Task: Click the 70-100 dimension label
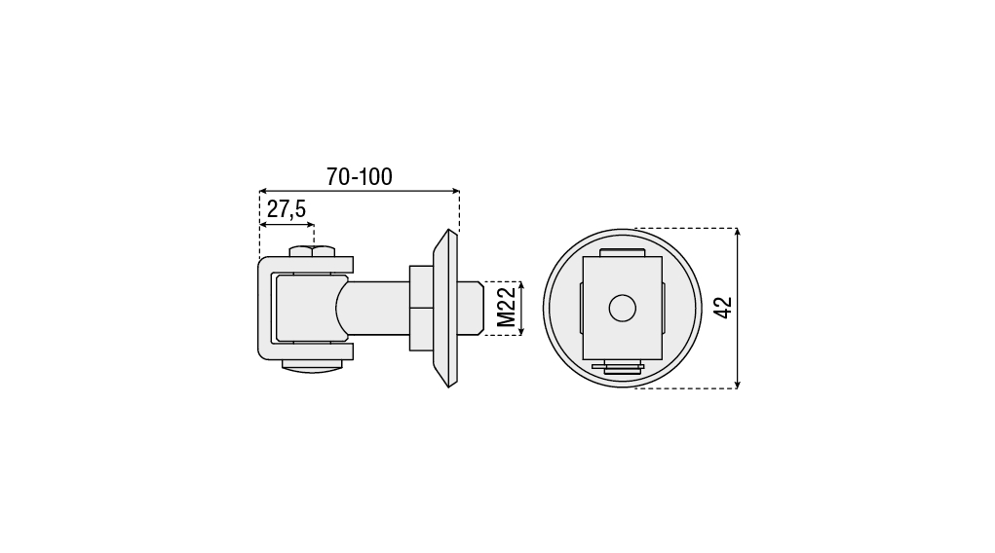click(x=360, y=176)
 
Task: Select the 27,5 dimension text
click(x=287, y=208)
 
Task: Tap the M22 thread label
click(x=507, y=308)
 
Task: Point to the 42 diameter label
click(x=723, y=308)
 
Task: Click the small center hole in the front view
click(x=623, y=309)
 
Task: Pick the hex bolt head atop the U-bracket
click(x=312, y=251)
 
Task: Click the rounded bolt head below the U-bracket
click(x=312, y=366)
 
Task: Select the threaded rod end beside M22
click(x=471, y=309)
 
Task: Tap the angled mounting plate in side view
click(x=445, y=309)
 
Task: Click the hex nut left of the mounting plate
click(x=421, y=309)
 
